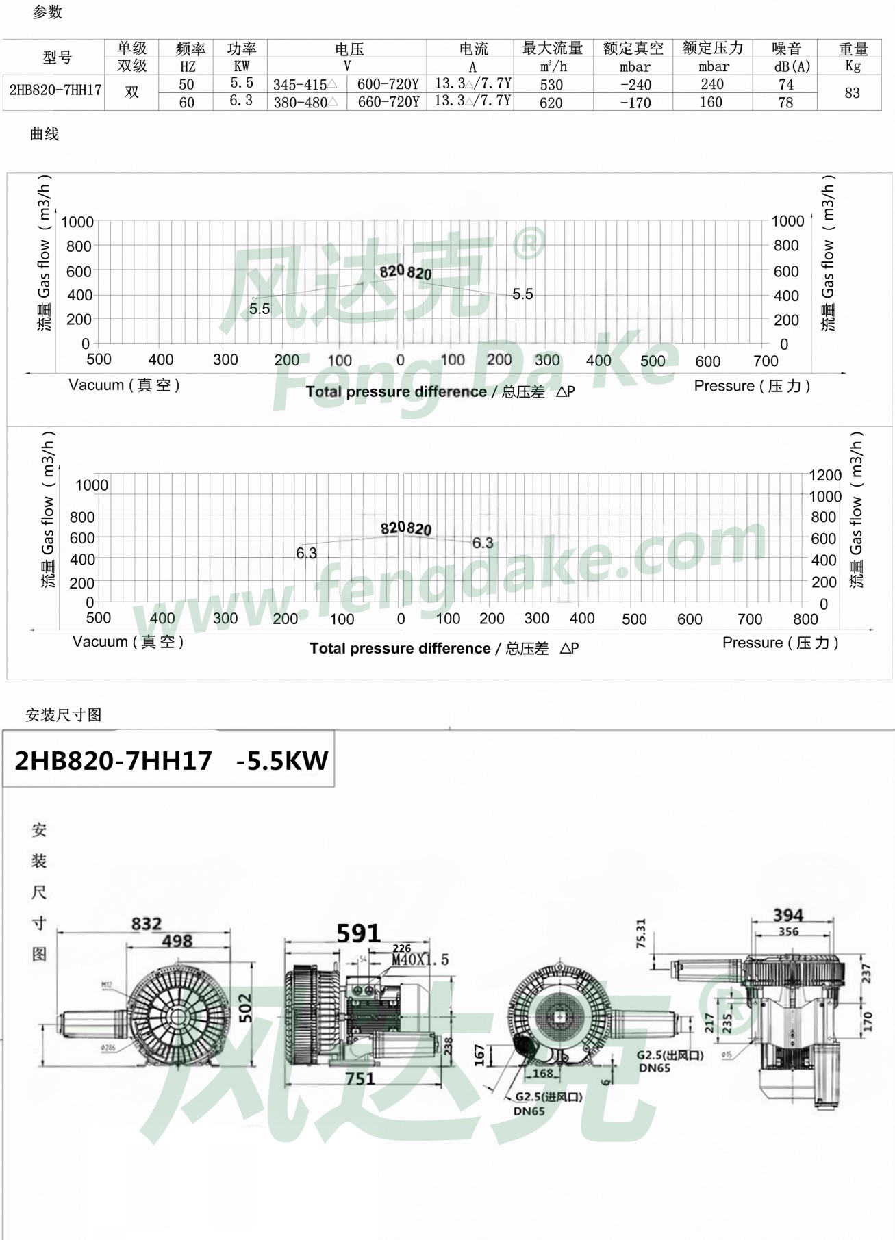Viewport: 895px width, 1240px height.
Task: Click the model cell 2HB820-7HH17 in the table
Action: (x=55, y=90)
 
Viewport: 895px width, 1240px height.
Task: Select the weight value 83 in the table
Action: (x=852, y=93)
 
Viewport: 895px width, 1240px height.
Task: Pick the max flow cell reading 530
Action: (x=551, y=85)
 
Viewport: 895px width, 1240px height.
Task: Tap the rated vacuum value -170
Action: (x=635, y=103)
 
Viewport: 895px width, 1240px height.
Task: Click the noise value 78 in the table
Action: (x=785, y=103)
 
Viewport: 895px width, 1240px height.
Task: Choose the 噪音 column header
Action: (x=786, y=49)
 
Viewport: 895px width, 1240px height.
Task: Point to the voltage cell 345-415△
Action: (x=305, y=85)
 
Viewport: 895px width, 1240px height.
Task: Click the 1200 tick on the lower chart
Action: (x=825, y=475)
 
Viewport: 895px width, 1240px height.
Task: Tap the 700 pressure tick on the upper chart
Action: (x=766, y=361)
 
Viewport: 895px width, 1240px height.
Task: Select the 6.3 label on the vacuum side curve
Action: (x=306, y=553)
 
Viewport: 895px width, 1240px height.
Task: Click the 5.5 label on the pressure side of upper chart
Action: (x=522, y=294)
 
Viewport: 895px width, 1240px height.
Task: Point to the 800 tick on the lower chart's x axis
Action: (x=805, y=619)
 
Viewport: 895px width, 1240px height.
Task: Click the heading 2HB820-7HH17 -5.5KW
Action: (x=171, y=760)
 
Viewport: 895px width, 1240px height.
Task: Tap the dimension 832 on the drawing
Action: (x=147, y=924)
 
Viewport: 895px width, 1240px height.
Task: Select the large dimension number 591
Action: (x=358, y=933)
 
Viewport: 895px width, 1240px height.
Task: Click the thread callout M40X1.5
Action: (x=420, y=960)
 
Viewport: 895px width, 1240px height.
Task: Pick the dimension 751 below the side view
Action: (x=360, y=1078)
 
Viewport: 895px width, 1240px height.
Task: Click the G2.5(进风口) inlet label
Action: (x=549, y=1096)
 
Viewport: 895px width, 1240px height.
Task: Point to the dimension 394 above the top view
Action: (x=788, y=915)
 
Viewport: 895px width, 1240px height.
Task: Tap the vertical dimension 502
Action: (x=245, y=1008)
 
